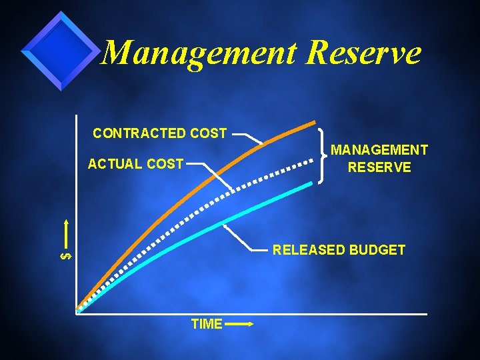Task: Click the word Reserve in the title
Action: click(x=363, y=52)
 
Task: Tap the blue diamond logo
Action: click(x=60, y=50)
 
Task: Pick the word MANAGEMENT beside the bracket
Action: click(x=379, y=151)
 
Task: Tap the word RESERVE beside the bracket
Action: click(x=379, y=167)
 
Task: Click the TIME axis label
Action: click(x=206, y=324)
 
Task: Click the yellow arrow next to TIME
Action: click(x=239, y=325)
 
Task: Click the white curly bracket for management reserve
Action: click(x=323, y=155)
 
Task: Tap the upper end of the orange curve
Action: click(x=315, y=123)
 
